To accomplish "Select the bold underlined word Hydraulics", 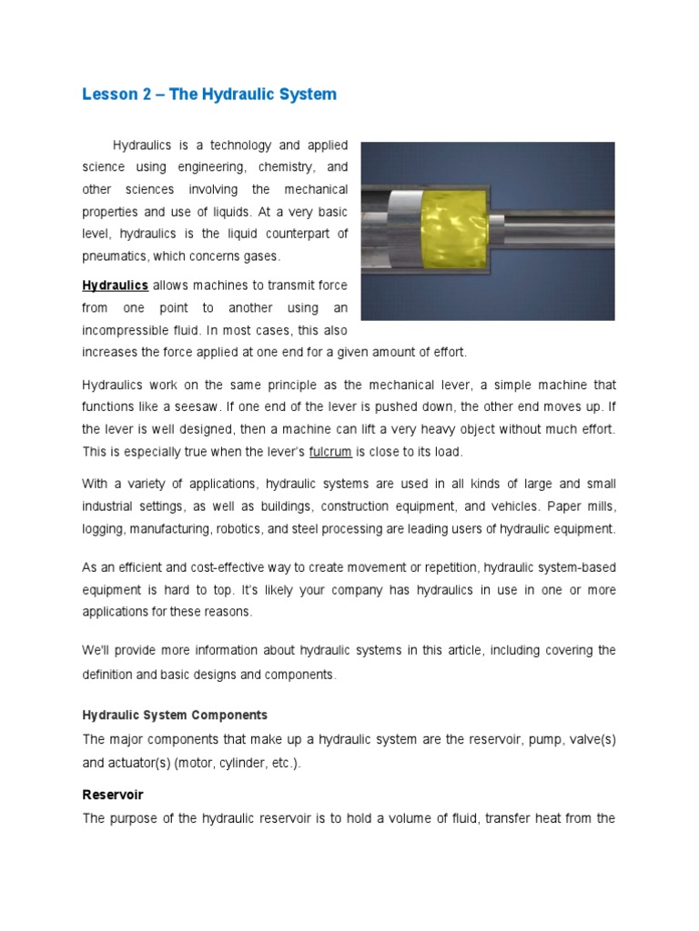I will [116, 285].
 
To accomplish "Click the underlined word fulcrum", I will [329, 451].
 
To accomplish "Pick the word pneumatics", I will [115, 256].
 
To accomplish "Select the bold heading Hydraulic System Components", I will [175, 715].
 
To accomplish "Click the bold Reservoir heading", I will [113, 795].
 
